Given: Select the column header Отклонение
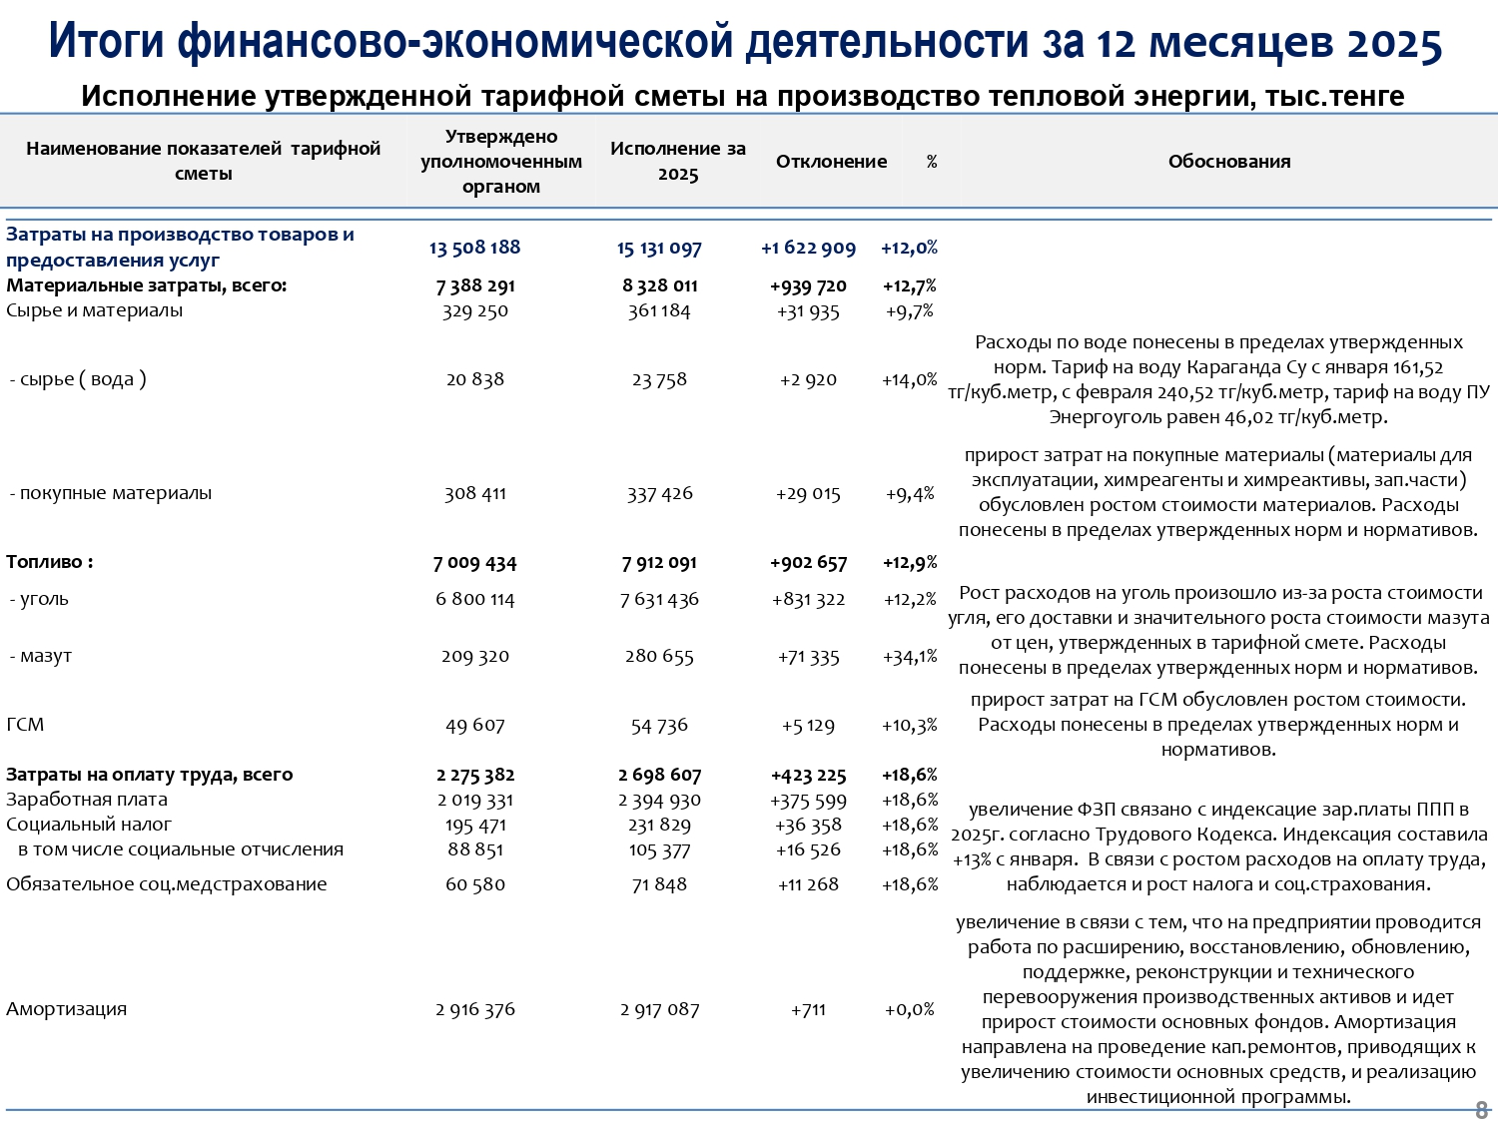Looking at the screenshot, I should (x=831, y=162).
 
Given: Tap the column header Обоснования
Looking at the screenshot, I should (x=1228, y=162).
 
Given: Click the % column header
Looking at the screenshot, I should (x=932, y=162).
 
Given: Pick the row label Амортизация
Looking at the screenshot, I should (x=67, y=1009).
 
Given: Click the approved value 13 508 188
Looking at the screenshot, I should (x=475, y=248).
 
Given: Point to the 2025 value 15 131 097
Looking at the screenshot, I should (x=659, y=249).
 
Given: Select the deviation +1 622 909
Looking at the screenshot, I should (x=808, y=249).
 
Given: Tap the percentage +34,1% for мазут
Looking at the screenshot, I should (x=910, y=657).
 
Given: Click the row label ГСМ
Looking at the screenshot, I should (x=25, y=725).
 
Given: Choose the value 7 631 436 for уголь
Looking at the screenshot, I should (x=659, y=600).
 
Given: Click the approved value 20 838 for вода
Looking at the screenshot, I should (x=475, y=379).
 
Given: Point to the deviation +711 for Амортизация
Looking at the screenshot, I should (x=808, y=1009).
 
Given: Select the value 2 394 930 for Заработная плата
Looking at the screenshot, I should (x=659, y=801).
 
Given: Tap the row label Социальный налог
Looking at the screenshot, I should (x=89, y=825).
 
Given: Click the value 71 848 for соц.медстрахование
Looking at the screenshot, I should (x=659, y=884).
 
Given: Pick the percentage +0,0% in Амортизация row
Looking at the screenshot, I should (x=910, y=1009).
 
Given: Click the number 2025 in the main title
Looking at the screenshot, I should (x=1393, y=44).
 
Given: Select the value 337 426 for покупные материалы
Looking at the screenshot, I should (x=659, y=493).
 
